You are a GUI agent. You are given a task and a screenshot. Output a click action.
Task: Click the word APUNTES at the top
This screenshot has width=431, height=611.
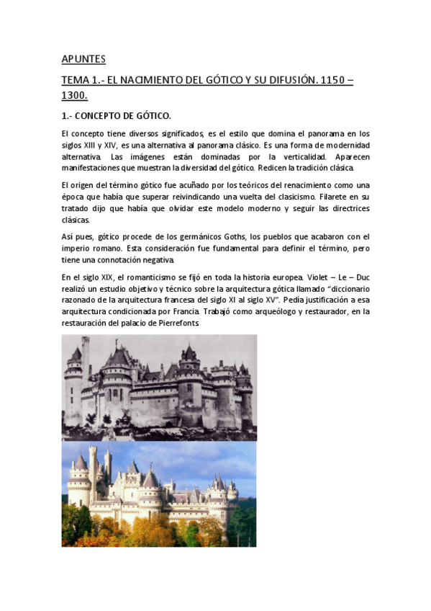pyautogui.click(x=83, y=59)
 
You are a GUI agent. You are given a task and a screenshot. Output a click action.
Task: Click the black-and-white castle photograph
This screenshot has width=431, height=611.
pyautogui.click(x=159, y=387)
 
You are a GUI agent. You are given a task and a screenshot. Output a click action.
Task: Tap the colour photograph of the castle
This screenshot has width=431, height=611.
pyautogui.click(x=159, y=494)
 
